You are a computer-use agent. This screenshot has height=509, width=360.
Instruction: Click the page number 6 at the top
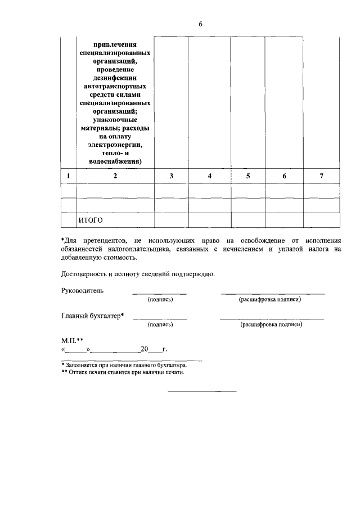click(x=200, y=24)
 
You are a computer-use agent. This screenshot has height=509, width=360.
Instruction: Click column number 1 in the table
click(x=68, y=176)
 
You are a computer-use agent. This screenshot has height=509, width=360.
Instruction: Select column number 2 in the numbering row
click(x=115, y=176)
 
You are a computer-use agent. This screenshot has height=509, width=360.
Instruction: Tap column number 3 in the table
click(x=171, y=176)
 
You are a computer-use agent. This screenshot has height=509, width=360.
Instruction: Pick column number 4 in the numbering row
click(x=209, y=176)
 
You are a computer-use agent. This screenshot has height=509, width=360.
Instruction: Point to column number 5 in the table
click(x=248, y=176)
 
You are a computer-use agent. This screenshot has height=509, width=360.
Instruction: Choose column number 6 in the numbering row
click(x=284, y=176)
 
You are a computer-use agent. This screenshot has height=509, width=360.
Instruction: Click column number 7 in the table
click(x=321, y=176)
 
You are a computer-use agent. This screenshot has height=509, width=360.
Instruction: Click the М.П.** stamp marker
click(x=72, y=341)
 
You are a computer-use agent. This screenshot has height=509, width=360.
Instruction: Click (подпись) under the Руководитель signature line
click(x=160, y=299)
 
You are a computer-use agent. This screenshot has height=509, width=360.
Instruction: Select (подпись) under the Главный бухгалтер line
click(x=160, y=325)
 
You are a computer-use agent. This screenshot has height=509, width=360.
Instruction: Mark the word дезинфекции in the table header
click(x=115, y=79)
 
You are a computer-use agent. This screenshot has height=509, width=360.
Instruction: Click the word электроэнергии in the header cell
click(x=115, y=145)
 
